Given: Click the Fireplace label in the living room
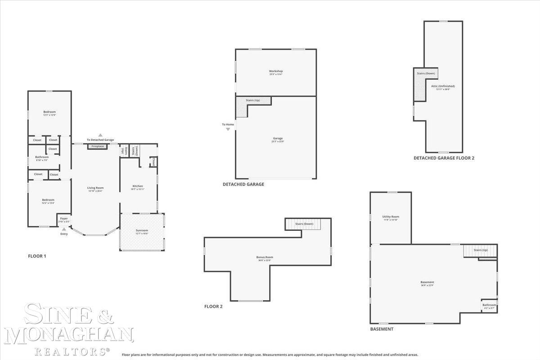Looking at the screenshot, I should [98, 146].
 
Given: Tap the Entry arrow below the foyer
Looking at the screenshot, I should [64, 229].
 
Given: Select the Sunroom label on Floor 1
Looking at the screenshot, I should [142, 230].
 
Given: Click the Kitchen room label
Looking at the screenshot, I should [138, 186].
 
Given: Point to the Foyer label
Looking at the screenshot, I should [64, 219].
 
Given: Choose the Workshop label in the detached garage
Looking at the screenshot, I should [276, 71].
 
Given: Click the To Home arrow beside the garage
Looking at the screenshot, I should [228, 129].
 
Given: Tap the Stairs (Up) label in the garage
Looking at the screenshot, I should [253, 100].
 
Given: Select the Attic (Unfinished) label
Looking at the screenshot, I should [443, 86].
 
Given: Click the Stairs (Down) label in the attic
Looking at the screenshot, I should [426, 73].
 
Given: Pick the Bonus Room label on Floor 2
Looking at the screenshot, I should [265, 257].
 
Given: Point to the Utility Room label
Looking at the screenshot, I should [391, 217].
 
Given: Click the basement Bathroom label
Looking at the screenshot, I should [489, 305].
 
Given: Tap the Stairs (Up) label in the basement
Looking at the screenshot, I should [481, 250].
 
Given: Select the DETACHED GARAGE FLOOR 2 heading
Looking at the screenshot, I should [444, 158].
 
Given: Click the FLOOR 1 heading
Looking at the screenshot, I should [37, 256].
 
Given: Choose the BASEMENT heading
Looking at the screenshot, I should [382, 329].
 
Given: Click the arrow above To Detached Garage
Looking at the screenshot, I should [100, 135].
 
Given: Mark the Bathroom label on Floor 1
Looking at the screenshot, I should [42, 157].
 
